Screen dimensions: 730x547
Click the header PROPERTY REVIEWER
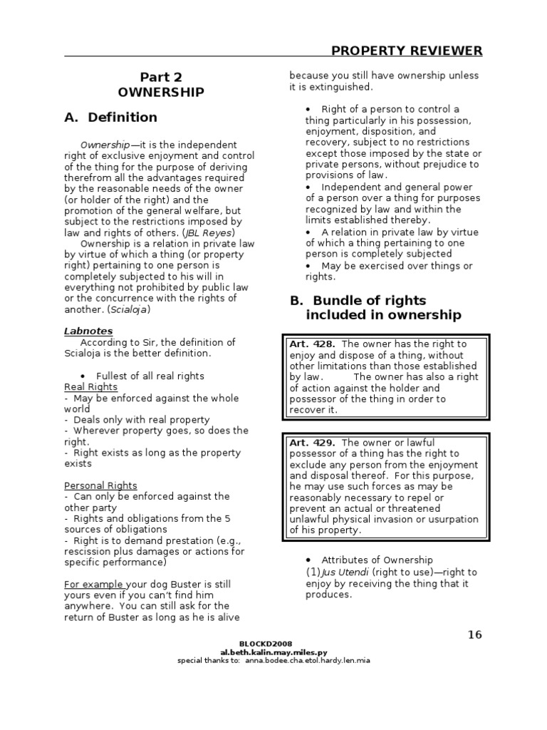[407, 50]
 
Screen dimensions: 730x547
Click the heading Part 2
[160, 77]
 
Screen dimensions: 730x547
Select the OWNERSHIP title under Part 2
[161, 92]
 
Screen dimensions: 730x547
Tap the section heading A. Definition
[110, 117]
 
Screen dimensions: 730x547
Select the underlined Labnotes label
[88, 331]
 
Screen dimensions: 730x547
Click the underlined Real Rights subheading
[90, 386]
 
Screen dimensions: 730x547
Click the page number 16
[475, 635]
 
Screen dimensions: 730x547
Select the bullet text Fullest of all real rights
[150, 376]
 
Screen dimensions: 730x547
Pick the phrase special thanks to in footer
[209, 660]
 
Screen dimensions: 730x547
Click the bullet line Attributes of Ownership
[377, 560]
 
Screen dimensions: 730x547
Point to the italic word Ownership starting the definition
[105, 144]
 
